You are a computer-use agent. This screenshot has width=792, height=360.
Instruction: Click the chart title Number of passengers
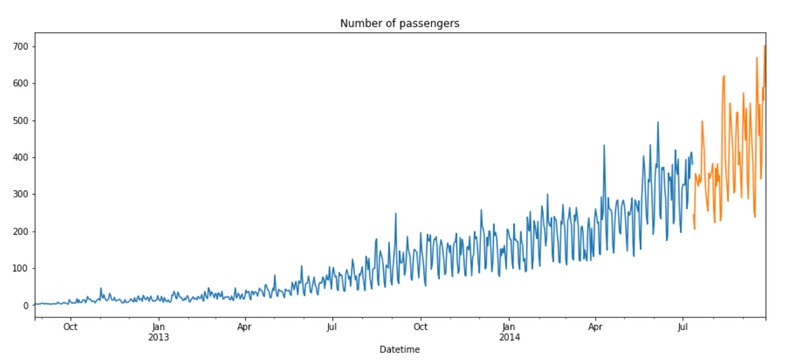click(399, 23)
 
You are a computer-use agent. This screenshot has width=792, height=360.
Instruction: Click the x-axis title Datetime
click(399, 350)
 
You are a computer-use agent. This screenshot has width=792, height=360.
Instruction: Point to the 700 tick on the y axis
click(22, 47)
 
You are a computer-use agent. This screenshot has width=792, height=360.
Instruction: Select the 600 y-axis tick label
click(22, 83)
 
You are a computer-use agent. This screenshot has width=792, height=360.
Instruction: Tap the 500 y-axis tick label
click(22, 121)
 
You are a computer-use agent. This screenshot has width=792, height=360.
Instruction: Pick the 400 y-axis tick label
click(22, 157)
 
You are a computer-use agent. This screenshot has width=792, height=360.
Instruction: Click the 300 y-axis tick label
click(22, 195)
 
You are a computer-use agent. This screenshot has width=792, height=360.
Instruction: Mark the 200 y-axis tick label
click(22, 231)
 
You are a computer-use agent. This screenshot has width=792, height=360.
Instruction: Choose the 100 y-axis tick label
click(22, 269)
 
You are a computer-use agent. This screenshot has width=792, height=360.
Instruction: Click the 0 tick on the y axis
click(26, 305)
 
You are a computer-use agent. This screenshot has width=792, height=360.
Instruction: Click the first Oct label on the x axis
click(70, 327)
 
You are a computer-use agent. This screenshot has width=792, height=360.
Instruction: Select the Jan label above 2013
click(158, 327)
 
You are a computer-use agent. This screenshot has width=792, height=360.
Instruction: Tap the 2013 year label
click(158, 337)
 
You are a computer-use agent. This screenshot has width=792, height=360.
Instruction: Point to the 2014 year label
click(508, 337)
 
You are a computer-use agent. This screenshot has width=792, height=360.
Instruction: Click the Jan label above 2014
click(508, 327)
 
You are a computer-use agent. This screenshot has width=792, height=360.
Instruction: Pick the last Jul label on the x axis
click(683, 327)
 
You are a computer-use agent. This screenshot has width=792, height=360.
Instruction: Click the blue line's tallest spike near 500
click(658, 122)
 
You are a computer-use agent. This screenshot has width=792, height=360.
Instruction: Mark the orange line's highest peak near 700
click(765, 45)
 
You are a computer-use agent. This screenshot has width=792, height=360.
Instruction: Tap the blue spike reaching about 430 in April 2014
click(604, 146)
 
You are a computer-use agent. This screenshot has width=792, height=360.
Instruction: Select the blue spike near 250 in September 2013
click(396, 213)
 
